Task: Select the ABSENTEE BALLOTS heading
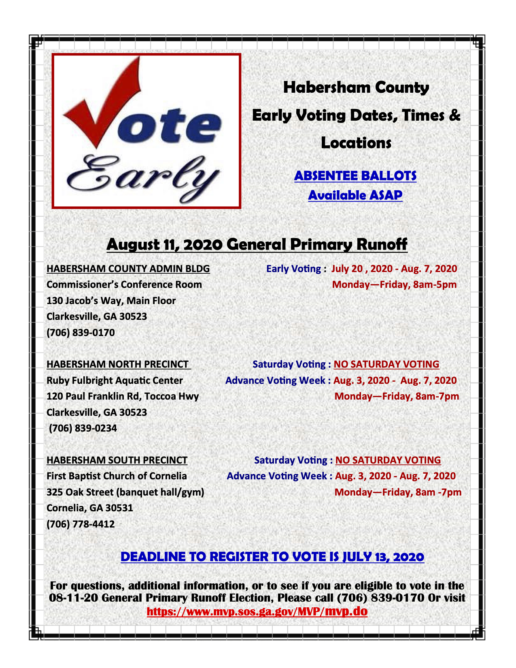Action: coord(355,176)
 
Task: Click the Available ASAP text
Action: coord(355,195)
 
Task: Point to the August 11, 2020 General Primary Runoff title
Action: coord(257,244)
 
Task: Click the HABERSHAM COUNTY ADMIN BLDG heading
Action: coord(128,269)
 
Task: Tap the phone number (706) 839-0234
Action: coord(83,428)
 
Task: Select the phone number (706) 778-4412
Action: coord(81,524)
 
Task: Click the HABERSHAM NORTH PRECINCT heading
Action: coord(118,364)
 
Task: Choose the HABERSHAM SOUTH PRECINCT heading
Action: coord(117,460)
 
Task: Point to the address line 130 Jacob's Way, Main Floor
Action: coord(111,301)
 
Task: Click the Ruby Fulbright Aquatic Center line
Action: coord(115,381)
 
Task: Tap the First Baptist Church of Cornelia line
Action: coord(117,476)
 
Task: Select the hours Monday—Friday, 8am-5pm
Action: coord(394,285)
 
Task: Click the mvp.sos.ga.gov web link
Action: coord(257,611)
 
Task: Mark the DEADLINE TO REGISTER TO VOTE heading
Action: coord(272,557)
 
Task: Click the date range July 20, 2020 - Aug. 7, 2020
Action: coord(394,269)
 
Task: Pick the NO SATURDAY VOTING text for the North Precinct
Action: coord(386,364)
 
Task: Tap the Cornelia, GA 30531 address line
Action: coord(90,508)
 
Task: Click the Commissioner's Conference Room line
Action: coord(124,285)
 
